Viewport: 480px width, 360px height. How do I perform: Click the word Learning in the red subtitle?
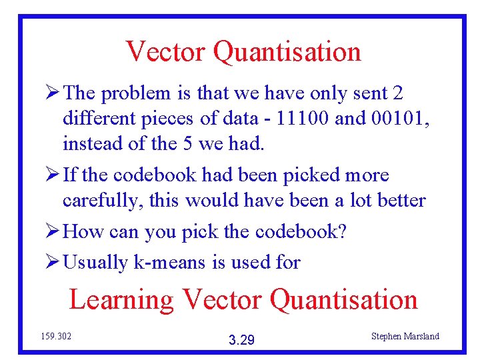click(121, 301)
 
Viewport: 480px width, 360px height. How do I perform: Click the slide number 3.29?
click(241, 341)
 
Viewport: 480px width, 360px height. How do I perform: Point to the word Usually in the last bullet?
click(95, 263)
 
